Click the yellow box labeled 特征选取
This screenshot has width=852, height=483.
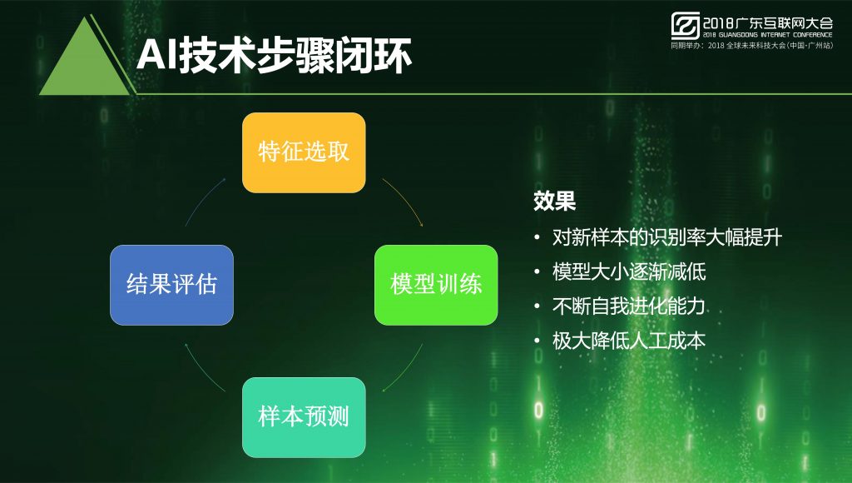coord(304,153)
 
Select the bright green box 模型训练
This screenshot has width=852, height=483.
coord(436,285)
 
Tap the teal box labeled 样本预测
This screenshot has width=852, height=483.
coord(304,417)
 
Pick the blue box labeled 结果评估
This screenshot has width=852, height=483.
coord(171,285)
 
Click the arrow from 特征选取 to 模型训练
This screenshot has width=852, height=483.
coord(406,199)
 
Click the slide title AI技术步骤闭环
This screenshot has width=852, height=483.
coord(274,56)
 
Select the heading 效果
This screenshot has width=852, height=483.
coord(554,201)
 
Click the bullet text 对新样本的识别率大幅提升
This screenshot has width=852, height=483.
coord(667,237)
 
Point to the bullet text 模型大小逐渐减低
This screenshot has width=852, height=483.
coord(629,271)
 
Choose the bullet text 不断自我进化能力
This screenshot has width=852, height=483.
coord(629,306)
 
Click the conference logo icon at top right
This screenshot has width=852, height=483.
coord(686,26)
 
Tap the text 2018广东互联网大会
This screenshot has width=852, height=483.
coord(768,22)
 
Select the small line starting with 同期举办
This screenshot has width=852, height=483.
coord(751,46)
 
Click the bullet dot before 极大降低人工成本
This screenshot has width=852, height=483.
coord(537,341)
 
